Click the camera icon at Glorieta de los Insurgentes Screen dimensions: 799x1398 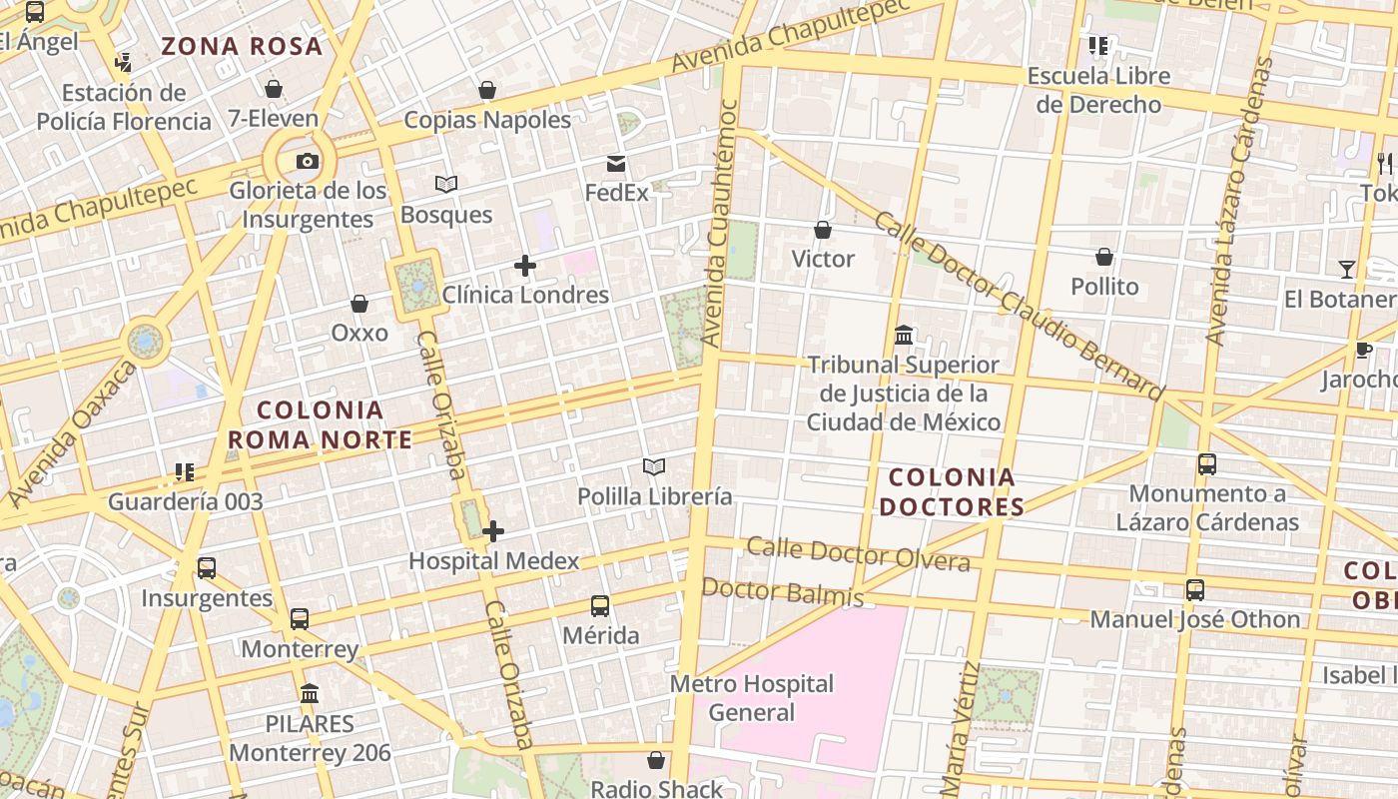308,161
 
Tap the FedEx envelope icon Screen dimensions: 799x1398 616,164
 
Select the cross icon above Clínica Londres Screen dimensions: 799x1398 524,266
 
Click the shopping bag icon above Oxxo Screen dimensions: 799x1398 359,304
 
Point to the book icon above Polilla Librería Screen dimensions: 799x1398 654,466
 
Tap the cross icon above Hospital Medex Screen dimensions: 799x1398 493,531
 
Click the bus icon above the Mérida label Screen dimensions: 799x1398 600,606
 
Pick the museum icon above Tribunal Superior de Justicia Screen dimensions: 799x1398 904,335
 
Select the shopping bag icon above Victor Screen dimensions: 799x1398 823,231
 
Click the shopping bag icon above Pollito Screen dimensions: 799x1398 1104,258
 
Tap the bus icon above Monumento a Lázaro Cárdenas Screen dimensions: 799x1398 1207,464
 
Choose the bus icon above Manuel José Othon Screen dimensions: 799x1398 1195,590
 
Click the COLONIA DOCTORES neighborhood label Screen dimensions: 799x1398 952,491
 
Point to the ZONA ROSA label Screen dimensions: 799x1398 242,46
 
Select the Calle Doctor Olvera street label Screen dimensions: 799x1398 858,553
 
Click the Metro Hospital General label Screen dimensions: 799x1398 752,698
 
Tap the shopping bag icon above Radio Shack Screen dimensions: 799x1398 656,761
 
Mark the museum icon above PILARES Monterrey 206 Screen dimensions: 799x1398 310,693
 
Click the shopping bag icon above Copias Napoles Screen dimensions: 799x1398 487,91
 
